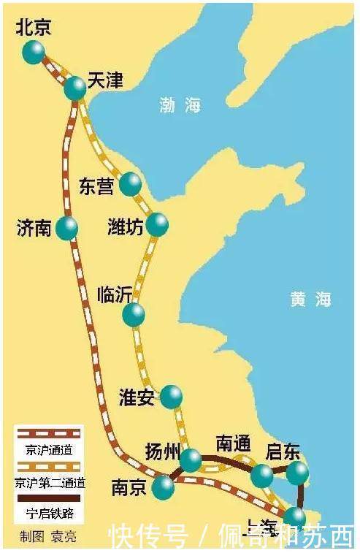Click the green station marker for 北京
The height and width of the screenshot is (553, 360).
34,52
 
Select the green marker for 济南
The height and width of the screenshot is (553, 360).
66,228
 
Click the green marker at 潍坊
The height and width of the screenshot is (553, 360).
157,224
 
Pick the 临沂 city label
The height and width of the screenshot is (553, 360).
115,294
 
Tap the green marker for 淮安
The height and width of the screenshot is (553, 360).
172,397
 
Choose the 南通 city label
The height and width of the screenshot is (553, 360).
233,443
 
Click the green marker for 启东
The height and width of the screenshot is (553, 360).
296,473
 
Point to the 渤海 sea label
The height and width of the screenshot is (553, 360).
180,105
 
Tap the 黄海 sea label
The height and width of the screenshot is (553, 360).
310,299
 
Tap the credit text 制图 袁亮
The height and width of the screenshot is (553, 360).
48,538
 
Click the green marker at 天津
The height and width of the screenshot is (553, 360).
74,88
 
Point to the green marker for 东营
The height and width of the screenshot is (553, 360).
130,183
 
